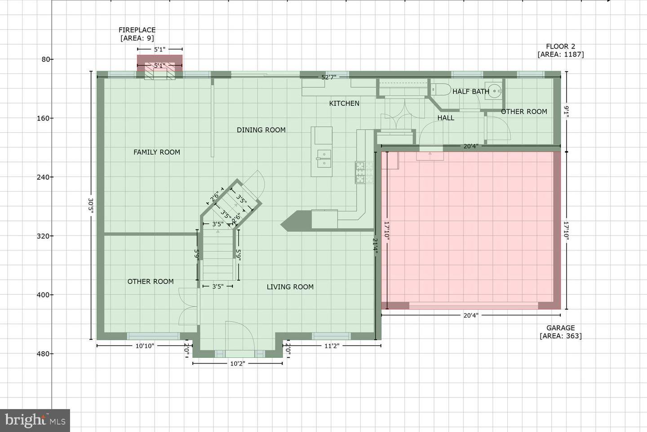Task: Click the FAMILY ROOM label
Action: pyautogui.click(x=156, y=152)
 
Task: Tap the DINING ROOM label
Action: pyautogui.click(x=261, y=130)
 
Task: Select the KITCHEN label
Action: pyautogui.click(x=344, y=103)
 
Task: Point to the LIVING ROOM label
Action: pyautogui.click(x=290, y=287)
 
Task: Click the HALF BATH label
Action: pyautogui.click(x=471, y=91)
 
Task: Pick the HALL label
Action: pyautogui.click(x=446, y=118)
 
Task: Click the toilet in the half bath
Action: pyautogui.click(x=440, y=90)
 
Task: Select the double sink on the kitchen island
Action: pyautogui.click(x=324, y=158)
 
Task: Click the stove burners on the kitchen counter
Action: pyautogui.click(x=364, y=172)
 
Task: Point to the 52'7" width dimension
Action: pyautogui.click(x=329, y=77)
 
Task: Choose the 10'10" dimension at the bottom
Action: pyautogui.click(x=145, y=346)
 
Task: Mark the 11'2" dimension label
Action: pyautogui.click(x=332, y=346)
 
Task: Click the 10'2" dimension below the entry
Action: pyautogui.click(x=237, y=364)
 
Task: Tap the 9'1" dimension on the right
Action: pyautogui.click(x=567, y=112)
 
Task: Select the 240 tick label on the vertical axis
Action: pyautogui.click(x=43, y=177)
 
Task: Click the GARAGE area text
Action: pyautogui.click(x=561, y=332)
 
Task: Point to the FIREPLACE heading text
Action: pyautogui.click(x=137, y=30)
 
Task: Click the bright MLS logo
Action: pyautogui.click(x=35, y=420)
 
